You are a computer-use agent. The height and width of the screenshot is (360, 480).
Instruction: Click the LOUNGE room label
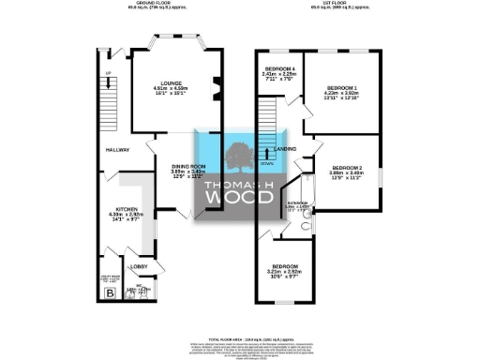(x=172, y=82)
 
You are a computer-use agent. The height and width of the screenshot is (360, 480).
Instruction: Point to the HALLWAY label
(x=116, y=150)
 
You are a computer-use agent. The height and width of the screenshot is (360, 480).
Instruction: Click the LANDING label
(x=286, y=149)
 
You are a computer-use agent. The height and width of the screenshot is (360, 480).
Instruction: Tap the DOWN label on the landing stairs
(x=266, y=161)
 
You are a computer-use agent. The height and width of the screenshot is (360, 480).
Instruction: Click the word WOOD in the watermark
(x=239, y=200)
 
